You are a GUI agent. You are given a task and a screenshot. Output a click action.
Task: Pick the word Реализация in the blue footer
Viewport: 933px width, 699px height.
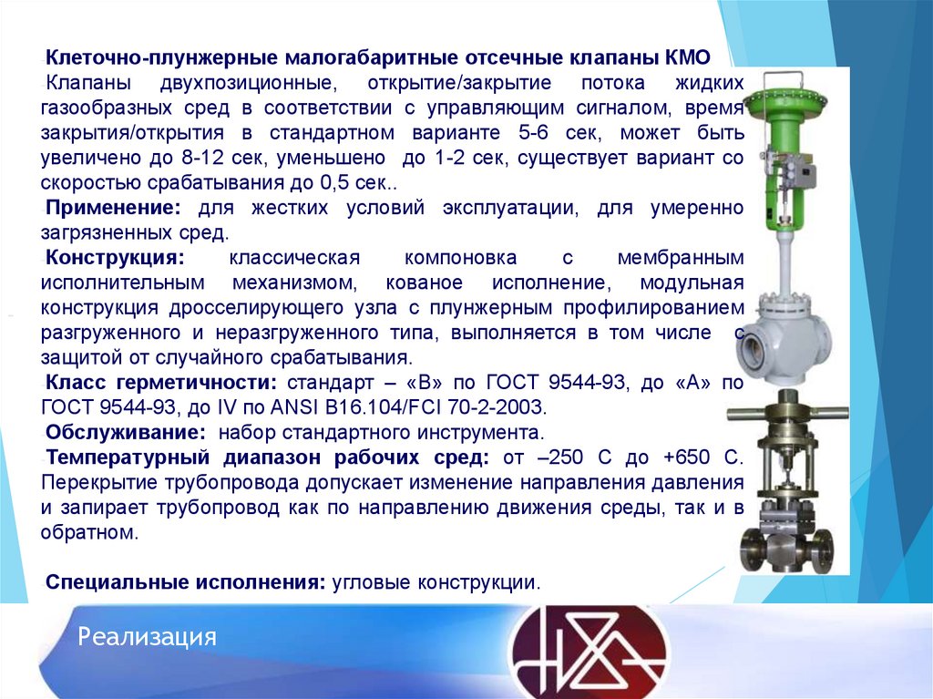pyautogui.click(x=147, y=636)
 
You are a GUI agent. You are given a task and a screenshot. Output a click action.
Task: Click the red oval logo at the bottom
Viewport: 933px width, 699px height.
pyautogui.click(x=588, y=651)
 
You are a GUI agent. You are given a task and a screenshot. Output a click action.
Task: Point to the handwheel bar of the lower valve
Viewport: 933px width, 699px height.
pyautogui.click(x=789, y=414)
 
